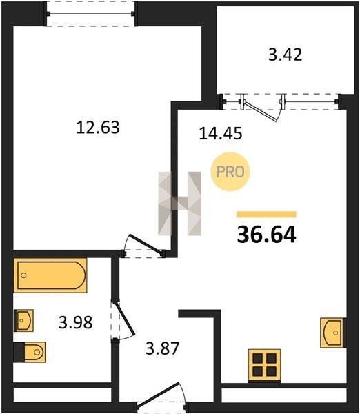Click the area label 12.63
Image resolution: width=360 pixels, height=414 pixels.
point(98,127)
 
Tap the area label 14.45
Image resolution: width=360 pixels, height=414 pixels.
point(221,133)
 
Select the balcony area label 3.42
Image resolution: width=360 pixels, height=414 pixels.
point(285,55)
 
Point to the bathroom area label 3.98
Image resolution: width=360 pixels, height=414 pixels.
point(75,322)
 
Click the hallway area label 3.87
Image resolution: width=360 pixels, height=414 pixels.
point(163,348)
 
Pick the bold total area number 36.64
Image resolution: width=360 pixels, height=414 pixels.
point(266,235)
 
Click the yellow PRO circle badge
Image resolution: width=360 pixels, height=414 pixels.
point(230,172)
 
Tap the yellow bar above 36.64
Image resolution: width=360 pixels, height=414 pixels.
point(266,214)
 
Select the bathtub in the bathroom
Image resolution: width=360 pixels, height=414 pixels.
point(50,275)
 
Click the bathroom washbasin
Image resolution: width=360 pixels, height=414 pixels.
point(23,321)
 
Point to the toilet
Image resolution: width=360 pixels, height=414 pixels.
point(30,352)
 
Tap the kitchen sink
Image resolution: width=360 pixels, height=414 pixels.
point(333,333)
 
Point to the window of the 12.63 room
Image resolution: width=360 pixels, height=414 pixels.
point(90,14)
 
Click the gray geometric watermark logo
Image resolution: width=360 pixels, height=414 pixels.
point(179,204)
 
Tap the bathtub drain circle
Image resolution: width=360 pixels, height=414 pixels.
point(23,275)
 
